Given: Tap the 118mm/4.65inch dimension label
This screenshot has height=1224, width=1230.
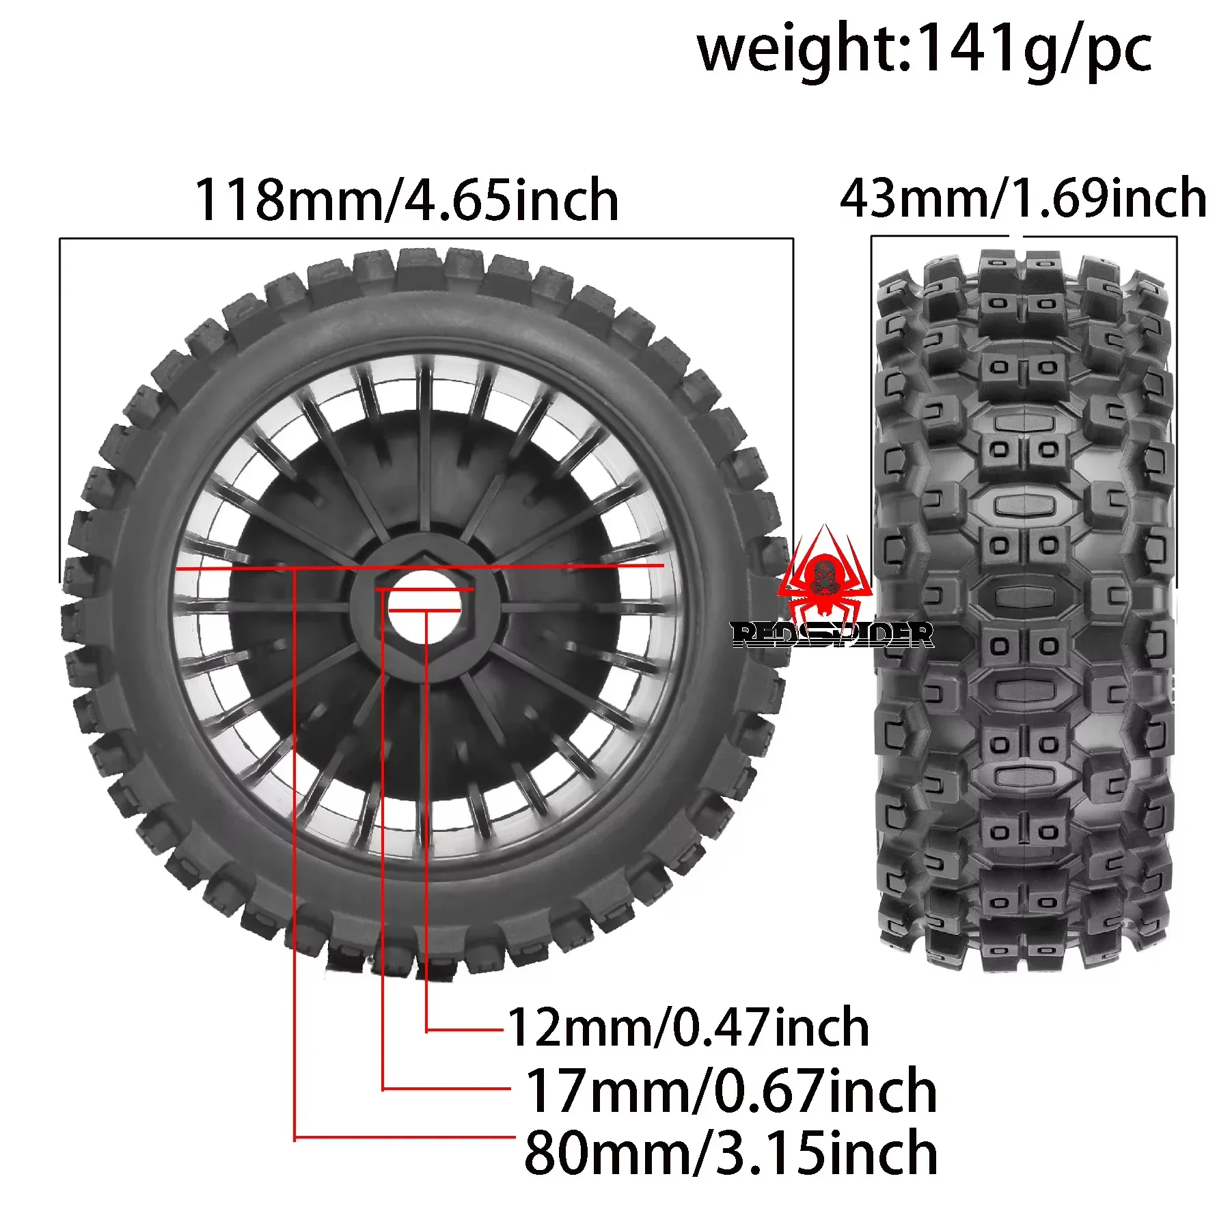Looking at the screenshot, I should [x=407, y=200].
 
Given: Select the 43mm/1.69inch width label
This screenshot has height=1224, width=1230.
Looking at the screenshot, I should [x=1023, y=198].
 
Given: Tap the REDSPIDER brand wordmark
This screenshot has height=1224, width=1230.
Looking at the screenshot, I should [x=832, y=635].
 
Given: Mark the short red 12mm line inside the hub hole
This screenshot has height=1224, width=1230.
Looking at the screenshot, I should [x=424, y=610].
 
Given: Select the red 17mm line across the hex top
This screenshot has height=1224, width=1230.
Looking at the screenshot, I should [x=424, y=589].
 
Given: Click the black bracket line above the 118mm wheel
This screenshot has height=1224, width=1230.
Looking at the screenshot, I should [x=426, y=239].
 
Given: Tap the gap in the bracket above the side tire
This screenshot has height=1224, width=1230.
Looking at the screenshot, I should [x=1016, y=236].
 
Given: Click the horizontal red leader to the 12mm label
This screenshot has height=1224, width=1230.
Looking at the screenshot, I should [x=465, y=1031].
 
